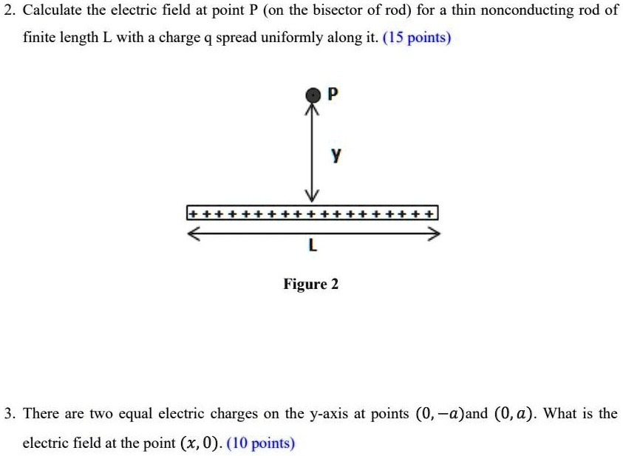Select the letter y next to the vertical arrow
336,155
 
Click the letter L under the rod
313,247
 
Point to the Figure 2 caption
311,284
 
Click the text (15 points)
417,37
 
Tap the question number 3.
7,413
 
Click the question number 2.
7,10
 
